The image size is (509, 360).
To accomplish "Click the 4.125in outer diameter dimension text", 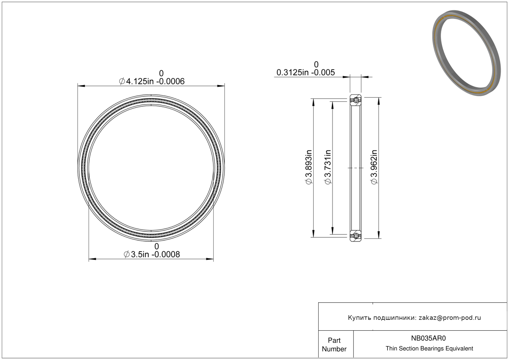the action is coord(152,81).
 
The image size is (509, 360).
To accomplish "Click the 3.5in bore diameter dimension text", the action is coord(152,254).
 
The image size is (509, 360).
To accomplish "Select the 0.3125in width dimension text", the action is coord(306,72).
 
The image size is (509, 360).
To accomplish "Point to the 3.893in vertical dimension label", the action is coord(309,167).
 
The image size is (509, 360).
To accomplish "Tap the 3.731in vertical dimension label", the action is coord(328,167).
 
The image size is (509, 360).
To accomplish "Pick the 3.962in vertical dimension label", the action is coord(374,167).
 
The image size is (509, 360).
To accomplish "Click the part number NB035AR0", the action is coord(428,338).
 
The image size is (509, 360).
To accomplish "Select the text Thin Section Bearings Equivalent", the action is coord(429,349).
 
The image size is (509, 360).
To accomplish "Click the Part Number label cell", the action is coord(334,345).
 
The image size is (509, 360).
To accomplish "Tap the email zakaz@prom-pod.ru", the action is coord(450,318).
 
